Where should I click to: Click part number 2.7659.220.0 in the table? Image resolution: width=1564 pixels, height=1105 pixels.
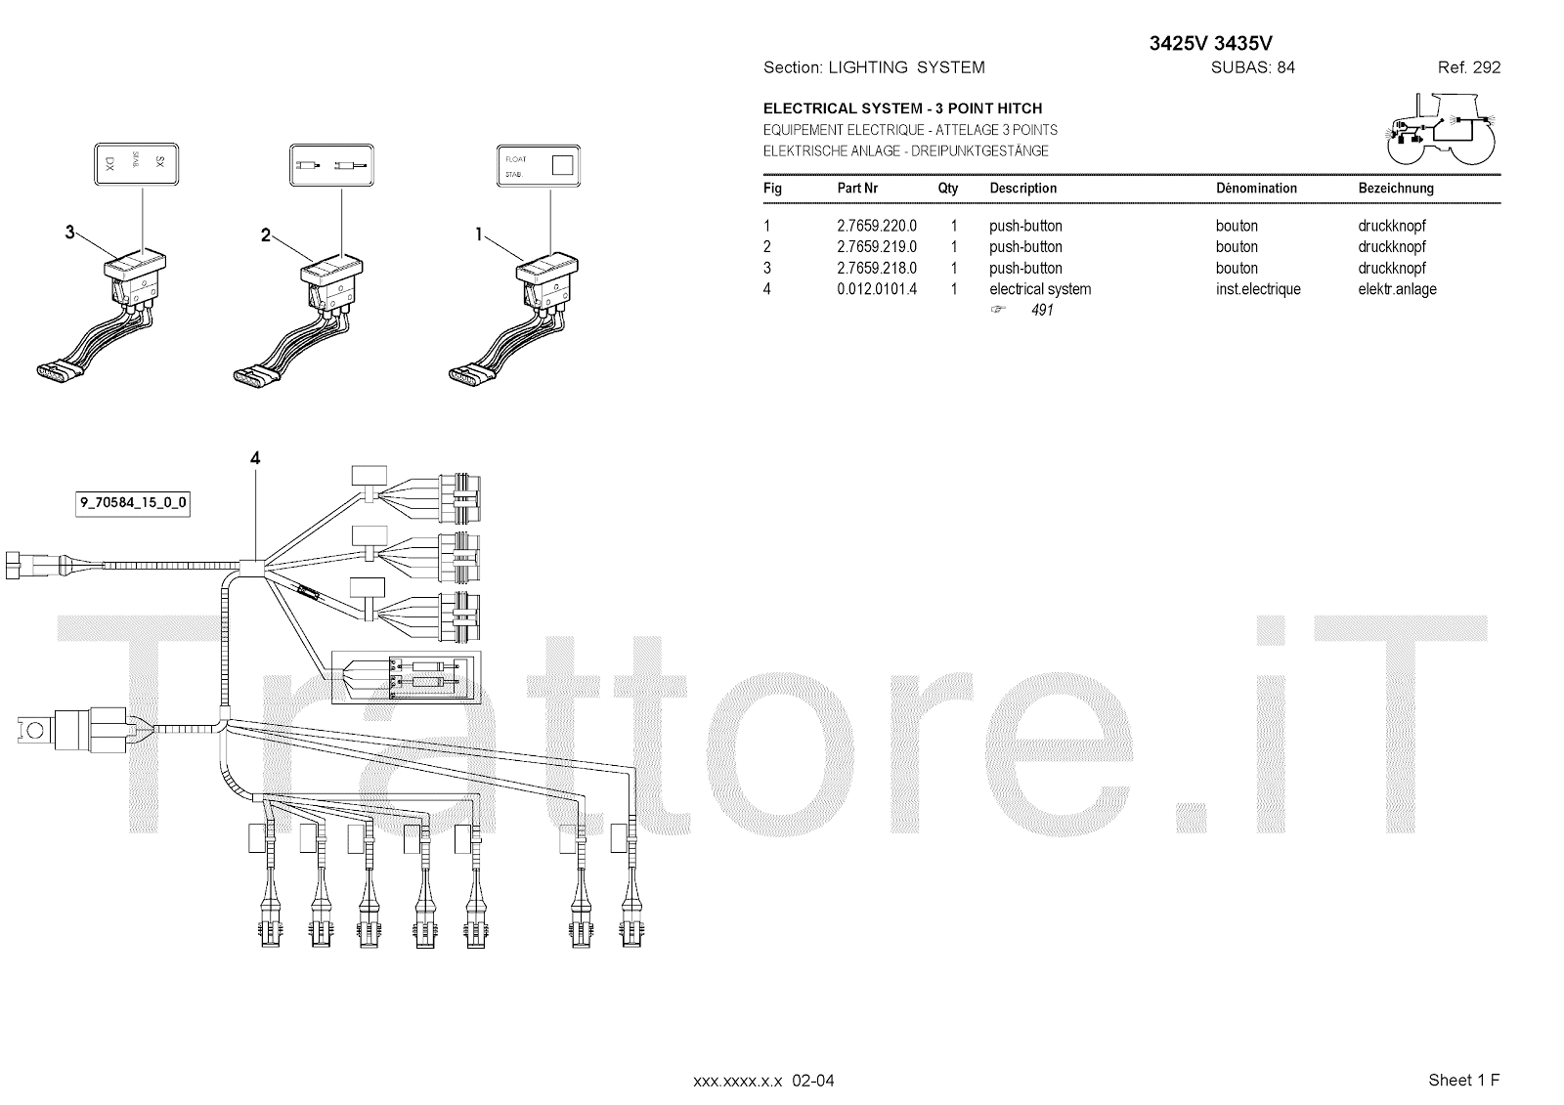[x=876, y=226]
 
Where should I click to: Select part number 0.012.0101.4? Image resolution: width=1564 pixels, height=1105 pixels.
[x=876, y=289]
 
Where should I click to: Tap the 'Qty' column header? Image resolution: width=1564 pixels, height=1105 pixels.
[x=948, y=189]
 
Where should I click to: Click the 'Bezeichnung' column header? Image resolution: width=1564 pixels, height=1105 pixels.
[x=1396, y=189]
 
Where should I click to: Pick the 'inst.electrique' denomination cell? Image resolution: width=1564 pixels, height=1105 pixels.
[x=1258, y=289]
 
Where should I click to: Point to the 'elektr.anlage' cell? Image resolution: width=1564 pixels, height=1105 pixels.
[x=1397, y=289]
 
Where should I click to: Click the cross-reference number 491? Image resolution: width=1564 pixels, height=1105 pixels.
[x=1042, y=311]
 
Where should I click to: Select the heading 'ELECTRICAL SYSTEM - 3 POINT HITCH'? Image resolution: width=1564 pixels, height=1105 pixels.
[x=902, y=108]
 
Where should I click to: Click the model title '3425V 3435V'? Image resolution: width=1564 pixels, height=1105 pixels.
[x=1210, y=43]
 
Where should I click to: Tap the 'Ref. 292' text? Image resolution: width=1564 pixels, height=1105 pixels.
[x=1468, y=67]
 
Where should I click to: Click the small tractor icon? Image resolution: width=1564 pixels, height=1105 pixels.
[x=1437, y=129]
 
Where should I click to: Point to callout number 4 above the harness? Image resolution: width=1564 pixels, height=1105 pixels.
[x=255, y=458]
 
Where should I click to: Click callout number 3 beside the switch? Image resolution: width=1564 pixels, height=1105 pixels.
[x=69, y=233]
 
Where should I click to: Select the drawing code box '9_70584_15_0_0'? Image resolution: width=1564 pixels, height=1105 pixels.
[x=133, y=504]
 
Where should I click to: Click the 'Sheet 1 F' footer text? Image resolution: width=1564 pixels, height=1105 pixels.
[x=1463, y=1080]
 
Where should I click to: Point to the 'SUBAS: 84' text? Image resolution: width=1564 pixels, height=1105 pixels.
[x=1252, y=67]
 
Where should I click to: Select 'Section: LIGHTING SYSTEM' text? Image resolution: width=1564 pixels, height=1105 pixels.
[x=874, y=67]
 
